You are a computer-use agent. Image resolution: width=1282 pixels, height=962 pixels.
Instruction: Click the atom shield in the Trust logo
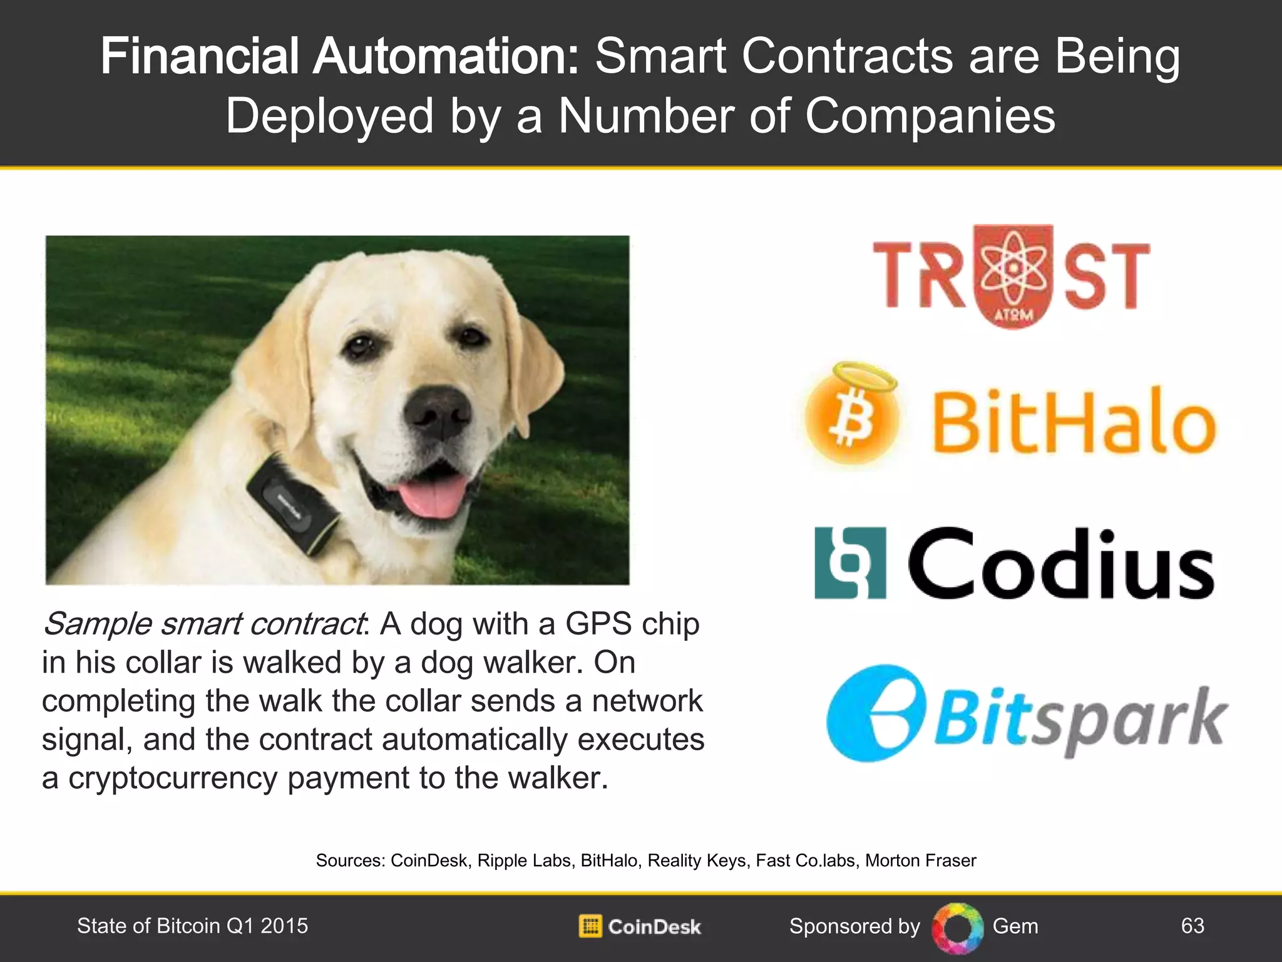(1014, 276)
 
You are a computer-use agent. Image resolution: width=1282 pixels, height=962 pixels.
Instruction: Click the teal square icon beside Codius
(850, 562)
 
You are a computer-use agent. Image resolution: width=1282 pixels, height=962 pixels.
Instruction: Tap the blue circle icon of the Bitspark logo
(875, 713)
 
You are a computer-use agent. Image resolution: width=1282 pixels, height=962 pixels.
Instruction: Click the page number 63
(1192, 926)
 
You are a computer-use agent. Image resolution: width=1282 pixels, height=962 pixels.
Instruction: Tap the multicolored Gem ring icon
(956, 928)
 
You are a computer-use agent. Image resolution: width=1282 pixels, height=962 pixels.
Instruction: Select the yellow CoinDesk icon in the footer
(590, 926)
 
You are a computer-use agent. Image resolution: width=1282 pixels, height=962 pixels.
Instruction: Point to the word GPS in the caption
(598, 624)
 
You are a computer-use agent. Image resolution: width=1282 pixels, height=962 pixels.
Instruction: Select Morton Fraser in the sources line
(920, 861)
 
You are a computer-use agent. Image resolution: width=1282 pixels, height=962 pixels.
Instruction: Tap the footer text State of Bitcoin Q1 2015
(192, 926)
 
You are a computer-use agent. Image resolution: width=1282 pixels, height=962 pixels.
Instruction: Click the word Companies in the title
(930, 116)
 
